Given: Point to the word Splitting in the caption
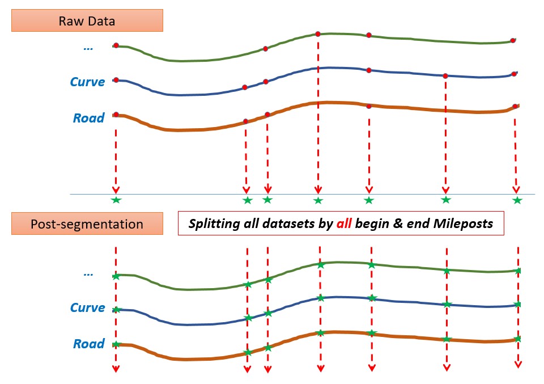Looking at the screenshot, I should point(211,224).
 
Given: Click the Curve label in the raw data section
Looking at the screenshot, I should point(87,82).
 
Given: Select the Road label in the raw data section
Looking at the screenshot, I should point(88,118).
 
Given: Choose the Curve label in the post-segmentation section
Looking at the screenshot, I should point(87,307).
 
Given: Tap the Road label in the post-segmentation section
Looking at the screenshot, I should point(88,344).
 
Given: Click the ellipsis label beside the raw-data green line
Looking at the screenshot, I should point(88,48).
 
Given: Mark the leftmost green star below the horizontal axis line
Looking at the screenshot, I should point(116,200).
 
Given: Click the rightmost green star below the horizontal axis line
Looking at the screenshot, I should point(517,200).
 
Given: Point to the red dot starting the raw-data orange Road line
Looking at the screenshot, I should point(116,115).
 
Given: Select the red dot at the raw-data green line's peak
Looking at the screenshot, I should point(318,34).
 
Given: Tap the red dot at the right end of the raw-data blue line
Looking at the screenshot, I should point(515,74).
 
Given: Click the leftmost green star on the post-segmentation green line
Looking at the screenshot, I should point(116,276).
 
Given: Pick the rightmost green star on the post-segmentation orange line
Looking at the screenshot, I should point(517,339).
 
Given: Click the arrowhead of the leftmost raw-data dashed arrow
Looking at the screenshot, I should point(116,190).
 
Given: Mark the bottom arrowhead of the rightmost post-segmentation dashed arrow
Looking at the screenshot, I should point(518,365).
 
